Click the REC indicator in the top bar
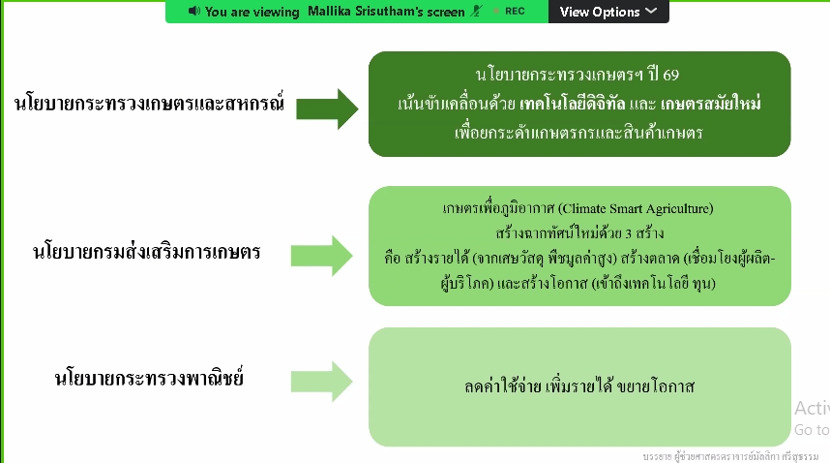pyautogui.click(x=515, y=12)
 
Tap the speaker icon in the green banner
pyautogui.click(x=193, y=12)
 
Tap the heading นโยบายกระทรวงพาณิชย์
pyautogui.click(x=148, y=378)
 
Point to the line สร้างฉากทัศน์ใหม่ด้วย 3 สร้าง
pyautogui.click(x=578, y=233)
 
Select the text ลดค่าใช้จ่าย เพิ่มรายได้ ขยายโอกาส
pyautogui.click(x=579, y=386)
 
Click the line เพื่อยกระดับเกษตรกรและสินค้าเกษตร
pyautogui.click(x=578, y=132)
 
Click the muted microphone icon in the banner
pyautogui.click(x=475, y=12)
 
